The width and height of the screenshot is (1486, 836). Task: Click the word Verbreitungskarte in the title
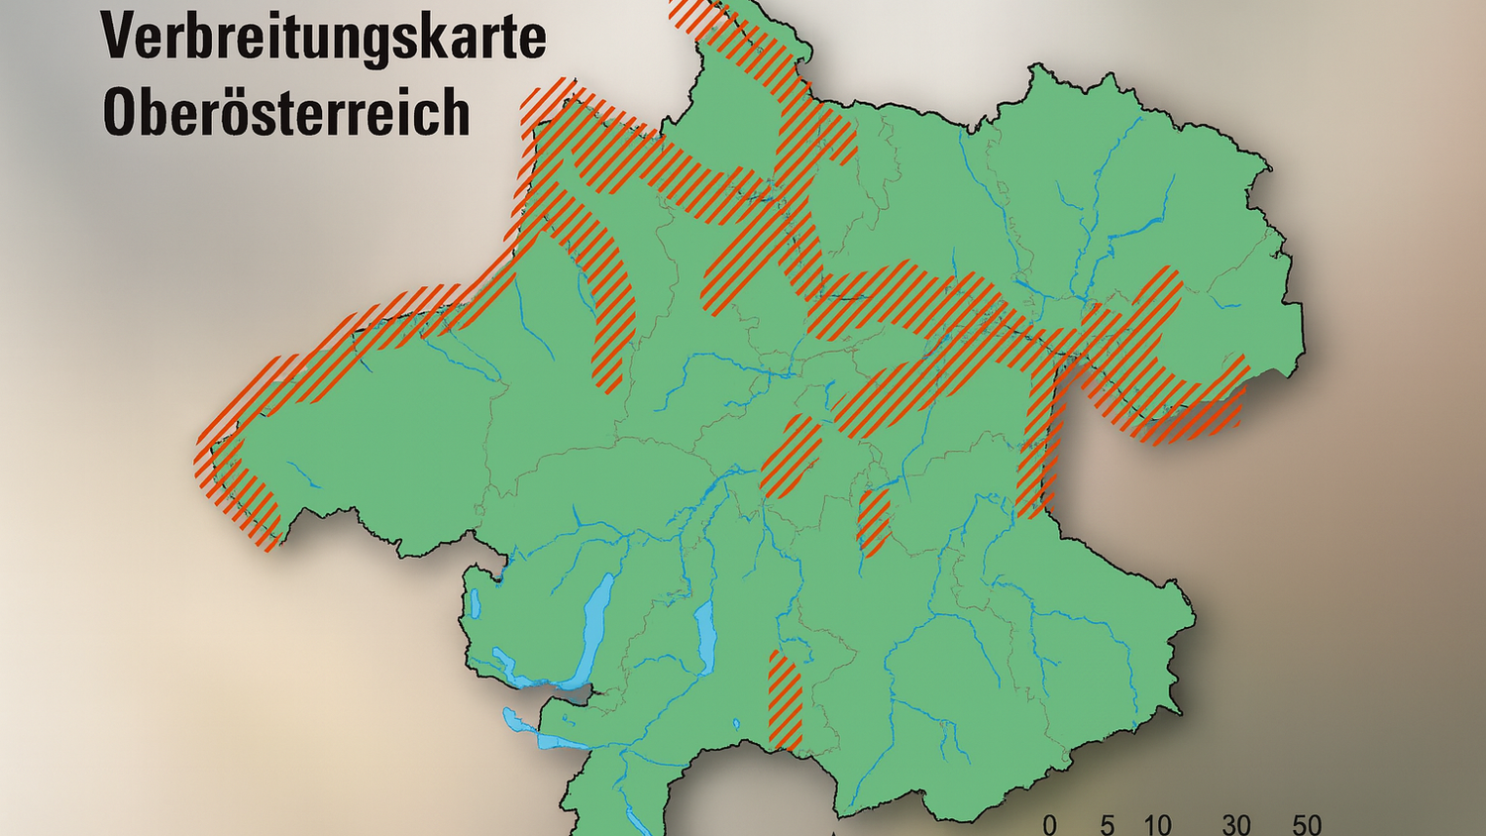click(x=323, y=37)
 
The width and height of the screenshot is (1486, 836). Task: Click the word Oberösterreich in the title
click(x=286, y=112)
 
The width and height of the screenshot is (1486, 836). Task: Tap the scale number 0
click(x=1050, y=824)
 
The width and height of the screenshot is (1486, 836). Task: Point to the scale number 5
click(x=1107, y=824)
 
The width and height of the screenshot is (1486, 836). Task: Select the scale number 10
click(x=1157, y=824)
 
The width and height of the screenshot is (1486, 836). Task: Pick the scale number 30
click(x=1235, y=824)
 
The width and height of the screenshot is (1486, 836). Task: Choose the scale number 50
click(x=1307, y=824)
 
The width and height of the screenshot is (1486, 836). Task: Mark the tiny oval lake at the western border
click(x=476, y=602)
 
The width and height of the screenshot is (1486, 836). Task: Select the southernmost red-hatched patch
click(x=785, y=699)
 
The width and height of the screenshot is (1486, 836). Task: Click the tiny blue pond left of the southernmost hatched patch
click(x=736, y=725)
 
